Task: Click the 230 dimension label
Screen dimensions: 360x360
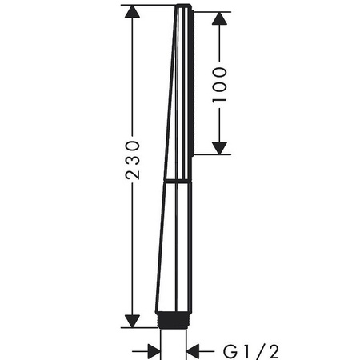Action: [x=132, y=160]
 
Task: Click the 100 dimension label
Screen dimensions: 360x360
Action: [x=219, y=85]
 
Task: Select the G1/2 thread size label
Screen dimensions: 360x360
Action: [x=251, y=352]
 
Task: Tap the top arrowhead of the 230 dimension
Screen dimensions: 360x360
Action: [x=132, y=11]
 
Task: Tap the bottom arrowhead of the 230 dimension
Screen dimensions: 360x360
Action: [x=132, y=321]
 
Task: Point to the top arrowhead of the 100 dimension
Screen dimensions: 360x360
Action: [x=219, y=18]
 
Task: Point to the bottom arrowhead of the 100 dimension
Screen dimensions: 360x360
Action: [x=219, y=148]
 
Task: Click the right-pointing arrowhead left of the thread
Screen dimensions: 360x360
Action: [x=154, y=351]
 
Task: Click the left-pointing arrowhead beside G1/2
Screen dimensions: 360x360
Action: [x=193, y=351]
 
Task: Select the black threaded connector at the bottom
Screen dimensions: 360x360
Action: [x=173, y=320]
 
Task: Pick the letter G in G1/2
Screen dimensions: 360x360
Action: [x=230, y=352]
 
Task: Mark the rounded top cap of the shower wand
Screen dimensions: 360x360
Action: [x=183, y=6]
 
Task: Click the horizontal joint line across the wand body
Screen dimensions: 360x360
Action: [x=178, y=182]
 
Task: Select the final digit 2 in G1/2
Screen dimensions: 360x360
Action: [x=274, y=352]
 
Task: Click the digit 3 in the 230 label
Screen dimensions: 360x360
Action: [x=132, y=160]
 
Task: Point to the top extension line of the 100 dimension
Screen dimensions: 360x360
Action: [x=212, y=12]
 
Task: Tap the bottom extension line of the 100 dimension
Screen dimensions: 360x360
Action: [x=212, y=154]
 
